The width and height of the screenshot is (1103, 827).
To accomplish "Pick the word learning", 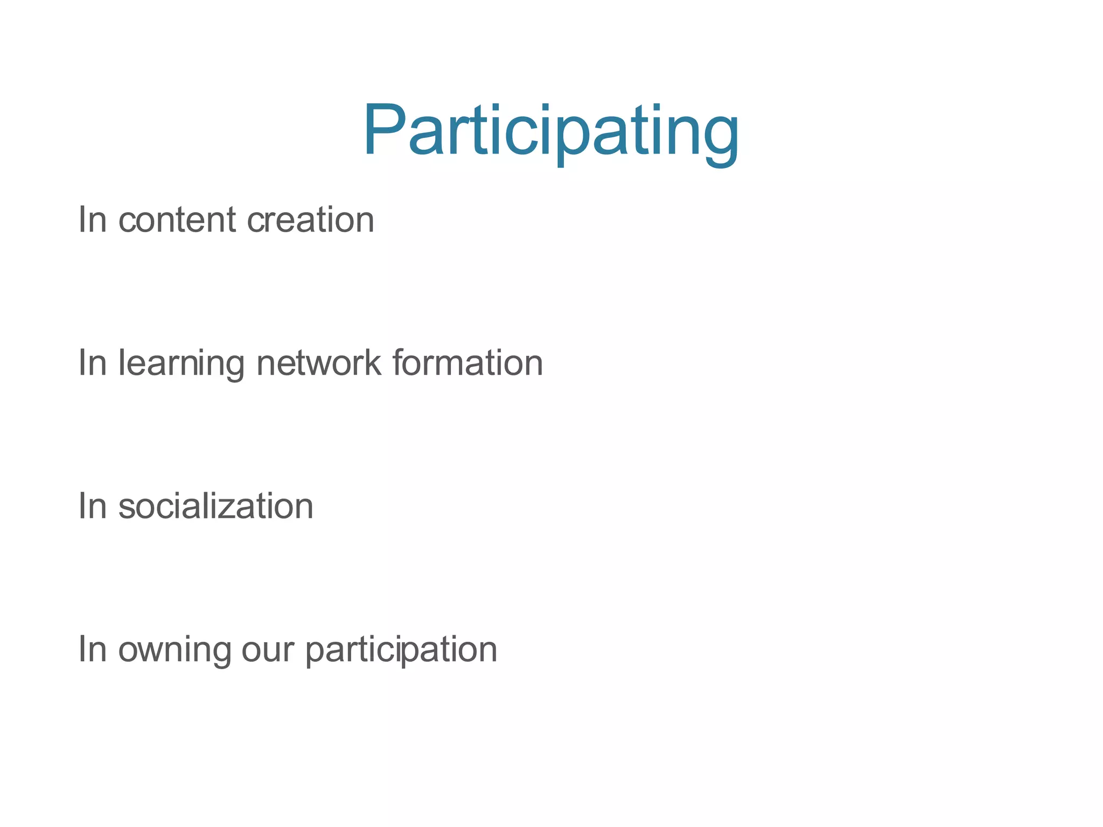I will pos(181,363).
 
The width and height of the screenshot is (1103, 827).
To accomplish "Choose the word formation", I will pos(467,363).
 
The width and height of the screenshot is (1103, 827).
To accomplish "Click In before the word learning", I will pos(93,363).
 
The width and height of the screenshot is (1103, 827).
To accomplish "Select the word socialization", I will pos(215,506).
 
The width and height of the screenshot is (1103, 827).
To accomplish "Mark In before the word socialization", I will pos(93,506).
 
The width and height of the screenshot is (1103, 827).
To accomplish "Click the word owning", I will pos(174,650).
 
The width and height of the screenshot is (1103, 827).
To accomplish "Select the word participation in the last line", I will pos(401,650).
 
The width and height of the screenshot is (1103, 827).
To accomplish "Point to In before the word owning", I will pos(93,649).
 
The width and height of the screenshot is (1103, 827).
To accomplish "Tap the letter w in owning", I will pos(151,650).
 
